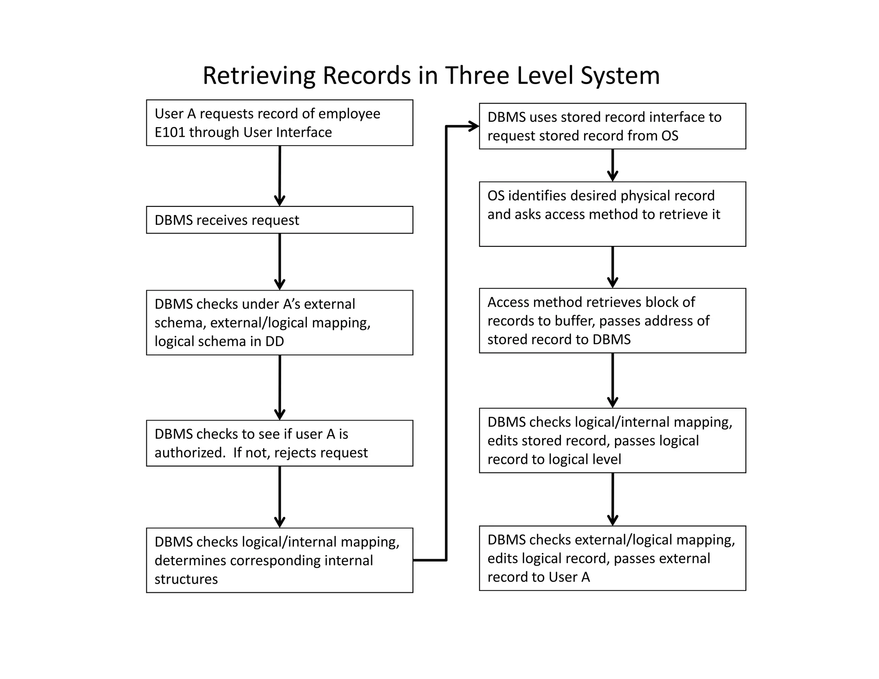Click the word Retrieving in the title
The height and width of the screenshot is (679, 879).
tap(259, 76)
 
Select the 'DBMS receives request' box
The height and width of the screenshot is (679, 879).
tap(279, 220)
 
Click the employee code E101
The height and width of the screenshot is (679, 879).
tap(170, 132)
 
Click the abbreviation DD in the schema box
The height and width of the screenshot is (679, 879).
tap(274, 341)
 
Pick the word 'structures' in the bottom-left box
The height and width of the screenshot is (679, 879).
tap(186, 579)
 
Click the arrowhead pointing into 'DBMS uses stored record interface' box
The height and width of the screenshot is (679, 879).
tap(473, 126)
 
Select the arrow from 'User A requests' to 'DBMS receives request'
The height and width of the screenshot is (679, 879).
tap(279, 176)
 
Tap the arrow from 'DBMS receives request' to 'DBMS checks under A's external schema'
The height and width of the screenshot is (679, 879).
tap(279, 262)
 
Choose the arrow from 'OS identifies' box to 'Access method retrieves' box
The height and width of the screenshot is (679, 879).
tap(612, 267)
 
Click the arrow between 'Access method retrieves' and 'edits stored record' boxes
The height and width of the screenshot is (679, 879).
tap(612, 380)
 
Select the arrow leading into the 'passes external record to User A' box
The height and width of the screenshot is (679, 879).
tap(612, 499)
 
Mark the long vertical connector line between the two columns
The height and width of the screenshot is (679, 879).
tap(446, 343)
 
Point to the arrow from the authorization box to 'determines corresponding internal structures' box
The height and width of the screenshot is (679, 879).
tap(279, 497)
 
